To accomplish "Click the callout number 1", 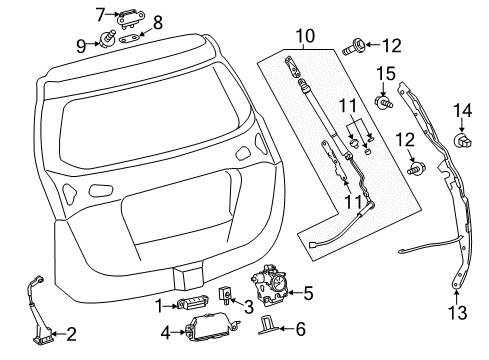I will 157,304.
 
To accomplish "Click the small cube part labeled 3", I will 226,297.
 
